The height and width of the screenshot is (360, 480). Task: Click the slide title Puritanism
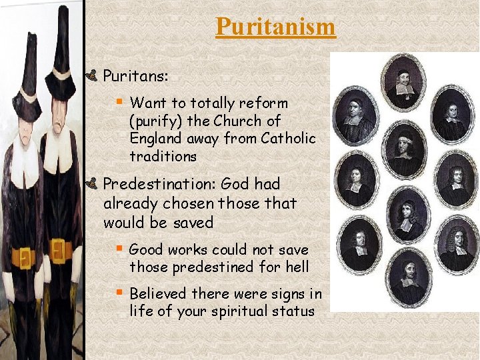(x=275, y=27)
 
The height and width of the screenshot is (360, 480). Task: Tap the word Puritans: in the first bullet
(x=135, y=77)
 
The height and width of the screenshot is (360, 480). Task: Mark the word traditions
(x=163, y=156)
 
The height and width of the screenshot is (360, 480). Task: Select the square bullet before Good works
(x=119, y=249)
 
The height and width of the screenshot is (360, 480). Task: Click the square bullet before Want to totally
(x=119, y=102)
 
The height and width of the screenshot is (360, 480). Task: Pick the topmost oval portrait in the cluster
(x=403, y=85)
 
